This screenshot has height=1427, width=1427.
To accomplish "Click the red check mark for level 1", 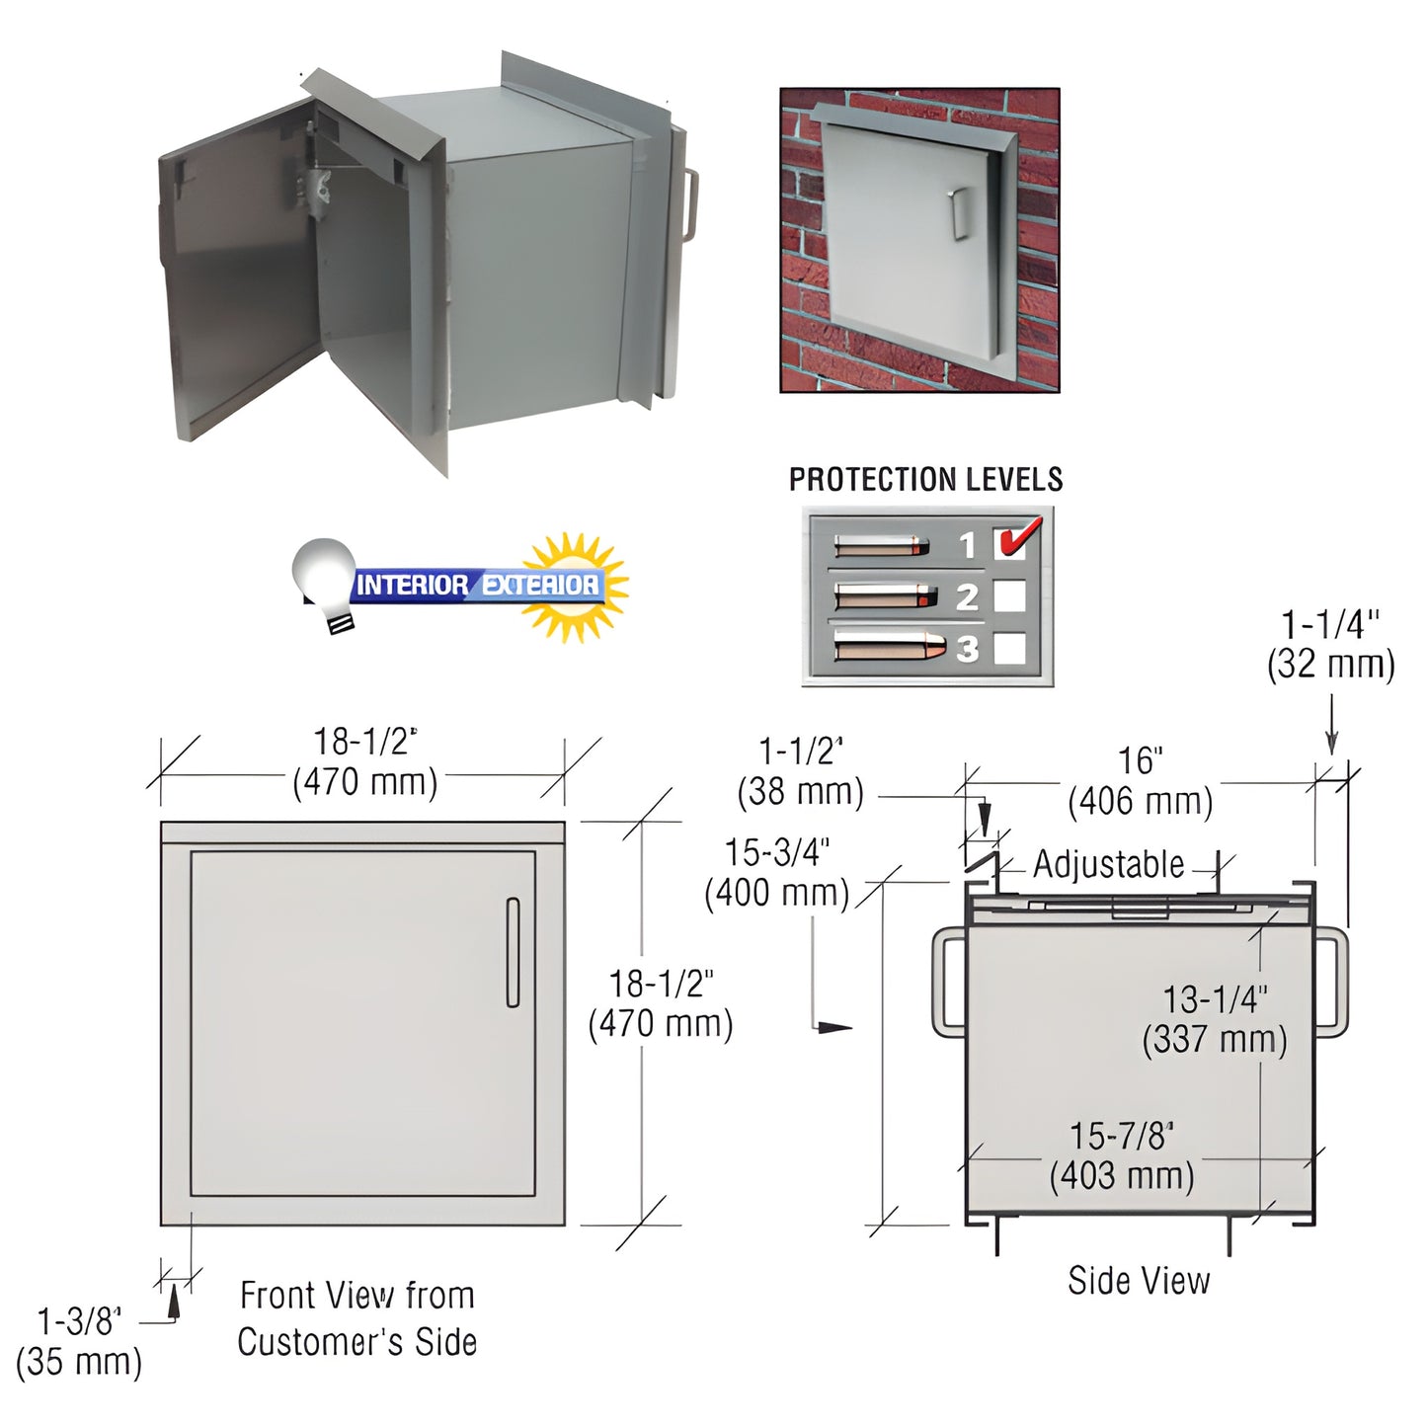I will pos(1015,539).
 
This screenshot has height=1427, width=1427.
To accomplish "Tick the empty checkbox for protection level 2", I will pos(1009,596).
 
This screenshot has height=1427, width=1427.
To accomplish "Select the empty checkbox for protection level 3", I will pos(1009,648).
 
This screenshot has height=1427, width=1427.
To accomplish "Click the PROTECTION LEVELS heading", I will pos(925,480).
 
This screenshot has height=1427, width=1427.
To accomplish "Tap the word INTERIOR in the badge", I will pos(412,585).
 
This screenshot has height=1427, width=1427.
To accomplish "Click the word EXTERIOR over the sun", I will pos(540,585).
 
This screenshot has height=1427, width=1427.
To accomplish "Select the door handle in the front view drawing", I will pos(513,952).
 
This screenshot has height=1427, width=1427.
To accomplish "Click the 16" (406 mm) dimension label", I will pos(1141,781).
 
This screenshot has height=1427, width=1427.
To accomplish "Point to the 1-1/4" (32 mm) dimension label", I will pos(1330,644).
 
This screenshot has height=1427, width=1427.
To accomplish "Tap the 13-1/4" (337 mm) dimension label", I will pos(1215,1019).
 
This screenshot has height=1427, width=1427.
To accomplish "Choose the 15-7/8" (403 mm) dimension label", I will pos(1122,1155).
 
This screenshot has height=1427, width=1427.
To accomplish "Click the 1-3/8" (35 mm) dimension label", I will pos(79,1341).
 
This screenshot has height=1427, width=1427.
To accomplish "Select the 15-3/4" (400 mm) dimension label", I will pos(777,872).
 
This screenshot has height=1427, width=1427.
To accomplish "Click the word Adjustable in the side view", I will pos(1108,864).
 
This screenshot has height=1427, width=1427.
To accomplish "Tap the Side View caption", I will pos(1139,1281).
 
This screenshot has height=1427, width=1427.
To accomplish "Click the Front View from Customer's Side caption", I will pos(357,1318).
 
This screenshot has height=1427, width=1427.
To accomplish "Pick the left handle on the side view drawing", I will pos(945,983).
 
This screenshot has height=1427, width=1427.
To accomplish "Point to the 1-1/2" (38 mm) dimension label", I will pos(800,771).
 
